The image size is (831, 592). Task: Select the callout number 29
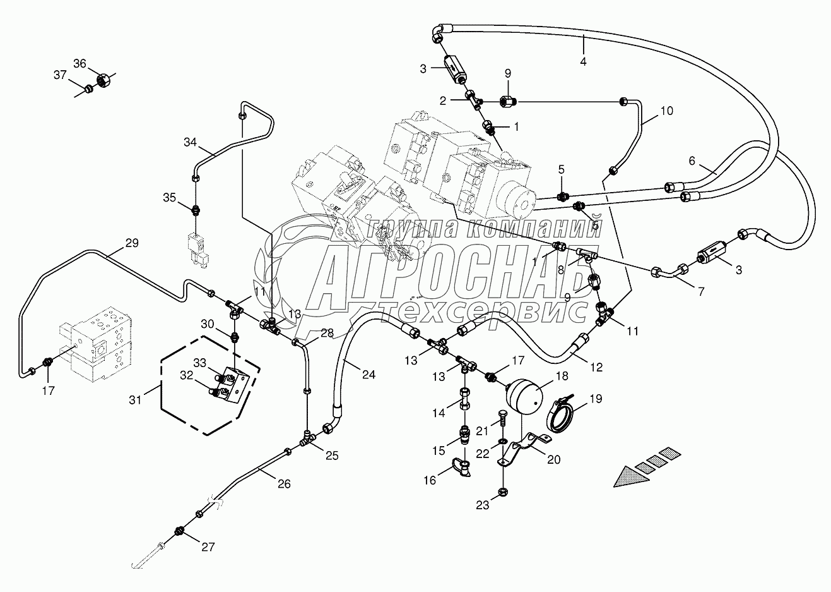[114, 243]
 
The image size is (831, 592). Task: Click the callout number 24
[368, 375]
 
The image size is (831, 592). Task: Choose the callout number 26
[284, 484]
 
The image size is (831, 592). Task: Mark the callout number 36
[80, 63]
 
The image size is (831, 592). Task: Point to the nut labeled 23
[502, 491]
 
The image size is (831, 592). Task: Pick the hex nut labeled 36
[102, 80]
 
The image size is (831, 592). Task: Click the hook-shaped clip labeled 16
[462, 468]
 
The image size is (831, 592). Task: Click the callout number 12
[596, 367]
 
